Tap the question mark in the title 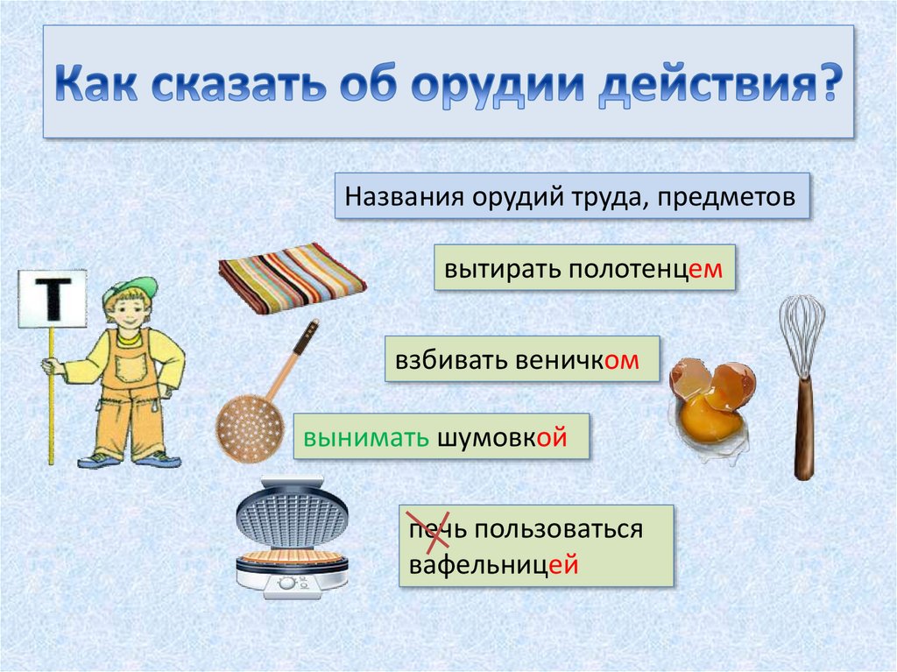click(830, 82)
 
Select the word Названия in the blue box click(404, 197)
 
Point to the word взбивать click(452, 360)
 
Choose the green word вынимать click(366, 437)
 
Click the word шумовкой click(502, 438)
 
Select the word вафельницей click(494, 565)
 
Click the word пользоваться click(558, 529)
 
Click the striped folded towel click(292, 279)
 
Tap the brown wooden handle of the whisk click(804, 428)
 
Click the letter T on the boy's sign click(53, 299)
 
